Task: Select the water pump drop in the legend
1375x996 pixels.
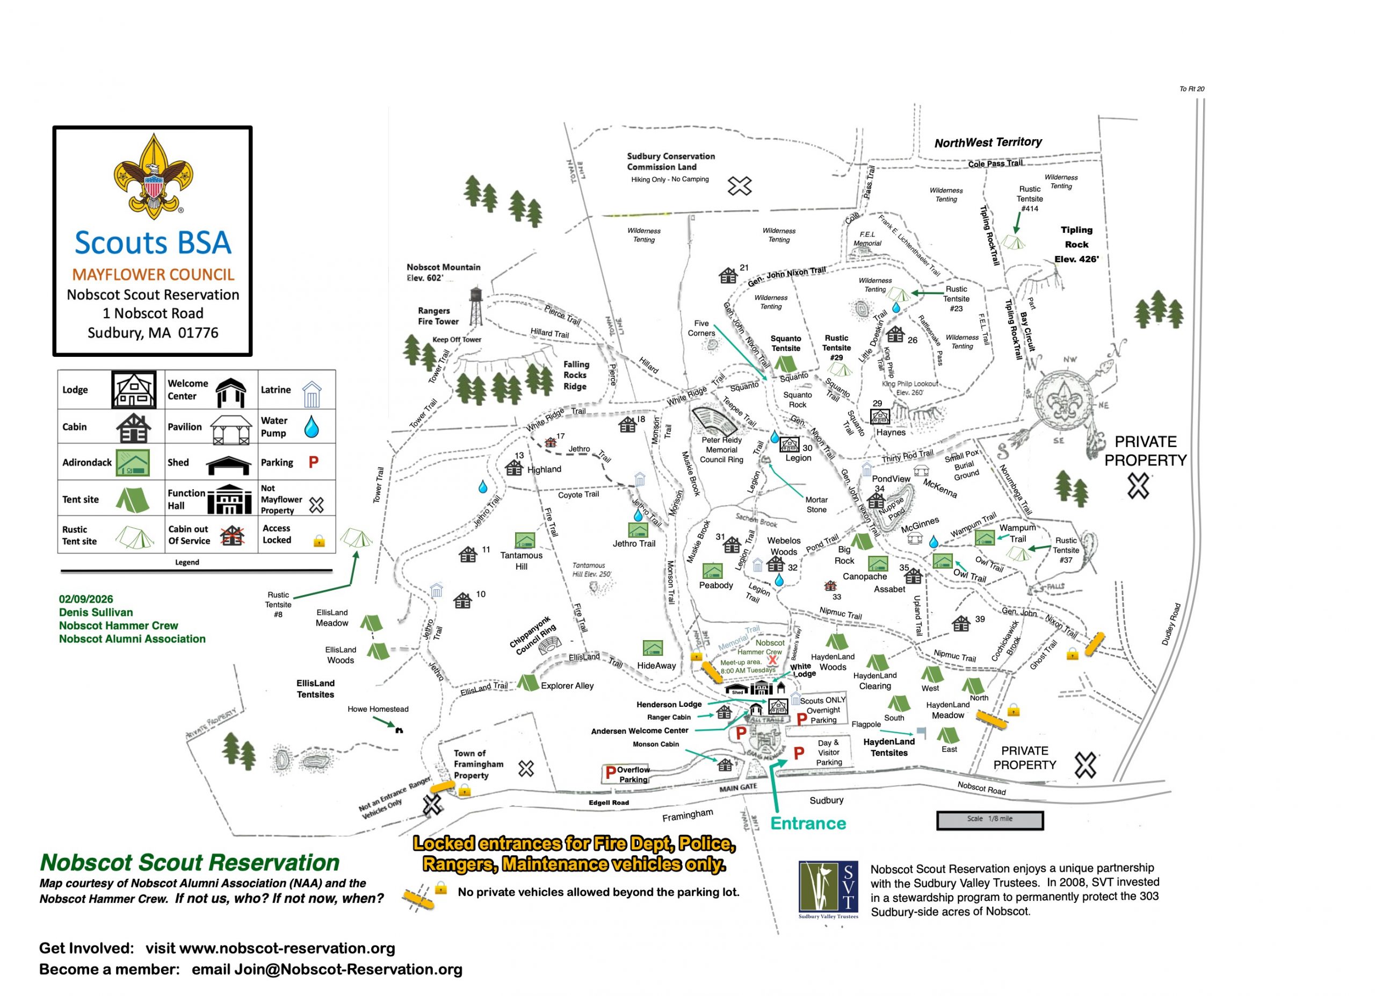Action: (x=311, y=426)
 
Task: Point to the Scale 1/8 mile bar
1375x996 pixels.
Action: (x=989, y=820)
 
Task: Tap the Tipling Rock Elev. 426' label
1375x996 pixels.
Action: (x=1076, y=245)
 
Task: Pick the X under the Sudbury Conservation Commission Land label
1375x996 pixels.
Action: (x=740, y=185)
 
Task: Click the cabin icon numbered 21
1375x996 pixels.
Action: (x=727, y=276)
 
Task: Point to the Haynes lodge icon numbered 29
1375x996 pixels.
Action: (x=880, y=417)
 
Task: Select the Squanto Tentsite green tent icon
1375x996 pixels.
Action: (x=786, y=363)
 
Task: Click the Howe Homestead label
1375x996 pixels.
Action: (x=378, y=709)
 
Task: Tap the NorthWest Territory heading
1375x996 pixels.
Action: (x=988, y=142)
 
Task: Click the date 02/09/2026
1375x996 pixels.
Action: (x=86, y=599)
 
